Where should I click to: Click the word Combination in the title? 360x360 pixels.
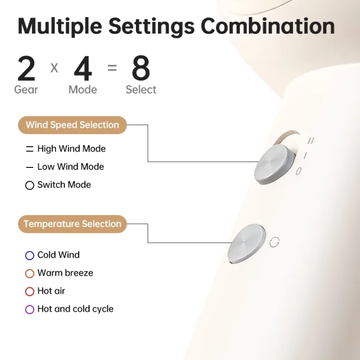pyautogui.click(x=268, y=26)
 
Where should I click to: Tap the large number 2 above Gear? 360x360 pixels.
pyautogui.click(x=26, y=68)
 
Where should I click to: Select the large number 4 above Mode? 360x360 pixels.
pyautogui.click(x=83, y=68)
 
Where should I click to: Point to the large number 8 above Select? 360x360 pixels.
pyautogui.click(x=141, y=68)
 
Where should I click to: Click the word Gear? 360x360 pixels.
pyautogui.click(x=26, y=90)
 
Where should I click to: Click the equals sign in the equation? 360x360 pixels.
pyautogui.click(x=112, y=68)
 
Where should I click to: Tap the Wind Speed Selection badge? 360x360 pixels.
pyautogui.click(x=72, y=125)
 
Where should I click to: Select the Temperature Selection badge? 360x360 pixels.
pyautogui.click(x=72, y=224)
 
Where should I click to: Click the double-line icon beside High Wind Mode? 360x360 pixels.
pyautogui.click(x=30, y=149)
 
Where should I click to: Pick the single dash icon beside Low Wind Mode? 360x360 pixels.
pyautogui.click(x=30, y=167)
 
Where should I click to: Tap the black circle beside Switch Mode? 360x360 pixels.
pyautogui.click(x=30, y=185)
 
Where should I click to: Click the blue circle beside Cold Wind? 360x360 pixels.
pyautogui.click(x=30, y=255)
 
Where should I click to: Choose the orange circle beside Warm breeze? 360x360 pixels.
pyautogui.click(x=30, y=273)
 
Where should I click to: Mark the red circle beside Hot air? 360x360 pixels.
pyautogui.click(x=30, y=292)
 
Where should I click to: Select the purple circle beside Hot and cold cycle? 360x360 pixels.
pyautogui.click(x=30, y=309)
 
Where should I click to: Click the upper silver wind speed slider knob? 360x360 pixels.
pyautogui.click(x=274, y=164)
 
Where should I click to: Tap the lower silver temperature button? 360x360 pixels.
pyautogui.click(x=247, y=243)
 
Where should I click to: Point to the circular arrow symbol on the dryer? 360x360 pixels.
pyautogui.click(x=274, y=242)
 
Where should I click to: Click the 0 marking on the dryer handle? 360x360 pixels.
pyautogui.click(x=298, y=171)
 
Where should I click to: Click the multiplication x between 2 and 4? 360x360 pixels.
pyautogui.click(x=54, y=68)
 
